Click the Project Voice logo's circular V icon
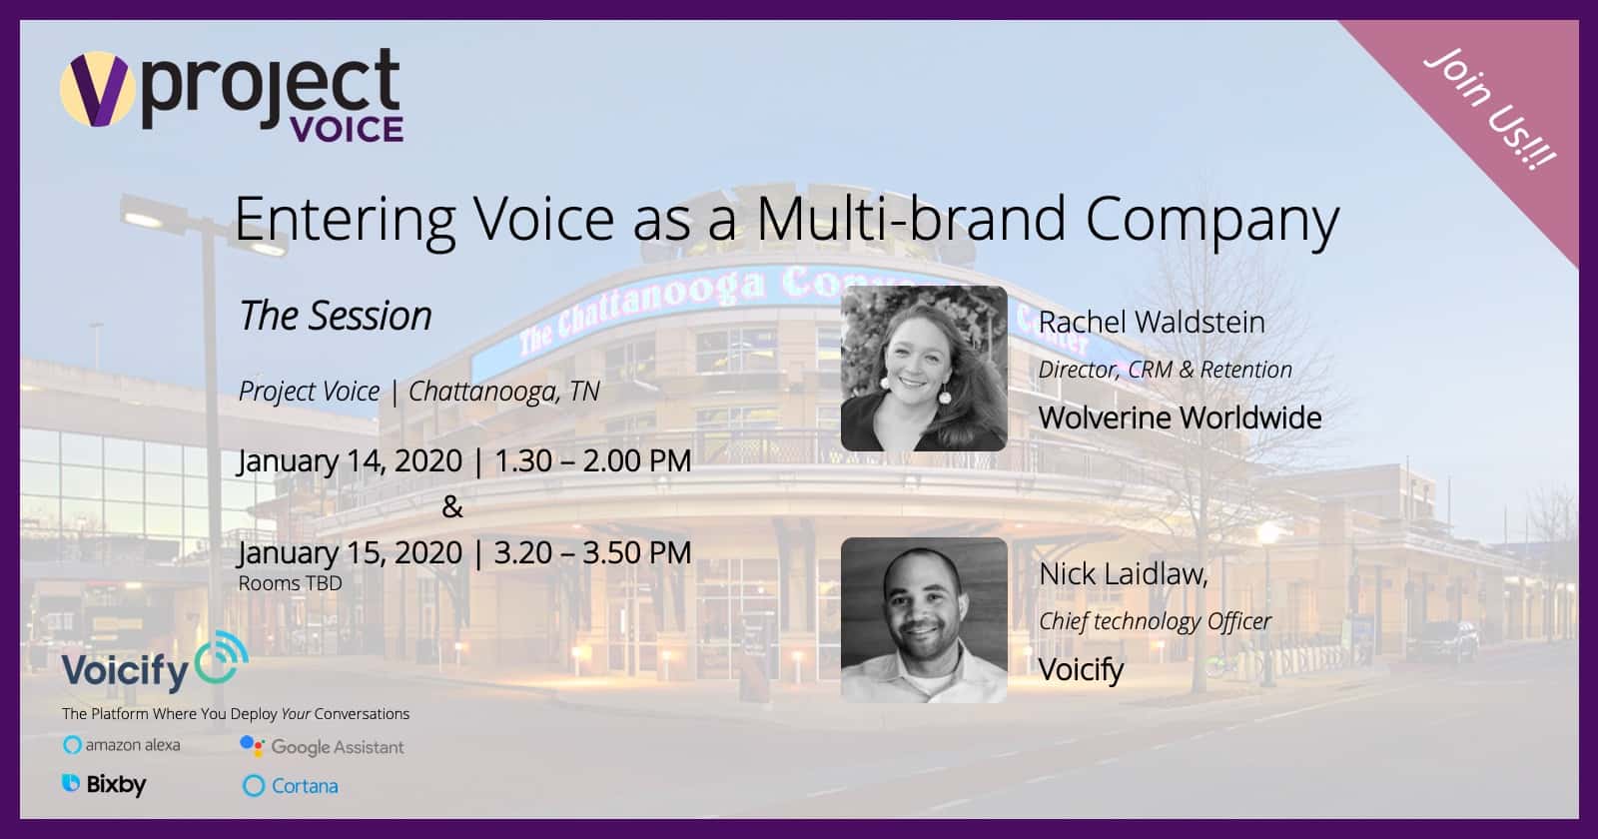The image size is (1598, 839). click(x=96, y=89)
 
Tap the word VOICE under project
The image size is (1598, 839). click(x=347, y=129)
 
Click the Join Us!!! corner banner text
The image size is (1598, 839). click(x=1489, y=109)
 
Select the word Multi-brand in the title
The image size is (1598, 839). click(x=911, y=218)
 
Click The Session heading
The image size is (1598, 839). click(x=336, y=316)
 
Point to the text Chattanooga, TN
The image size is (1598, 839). click(x=503, y=392)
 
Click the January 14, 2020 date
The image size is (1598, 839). click(x=350, y=460)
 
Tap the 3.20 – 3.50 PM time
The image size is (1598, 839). click(x=593, y=553)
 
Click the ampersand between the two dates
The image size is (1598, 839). click(x=452, y=506)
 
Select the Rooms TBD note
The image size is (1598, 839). click(x=291, y=583)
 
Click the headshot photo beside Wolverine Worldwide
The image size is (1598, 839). click(x=924, y=369)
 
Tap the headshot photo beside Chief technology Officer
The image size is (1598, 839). click(x=924, y=620)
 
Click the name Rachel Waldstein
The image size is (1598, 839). click(x=1152, y=322)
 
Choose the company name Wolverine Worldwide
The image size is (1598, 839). click(x=1180, y=418)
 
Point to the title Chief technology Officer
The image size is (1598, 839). click(x=1155, y=621)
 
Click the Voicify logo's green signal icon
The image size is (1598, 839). click(x=221, y=658)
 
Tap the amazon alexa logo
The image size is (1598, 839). click(x=121, y=745)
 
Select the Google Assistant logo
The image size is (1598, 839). click(x=322, y=747)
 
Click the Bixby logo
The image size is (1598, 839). click(x=104, y=785)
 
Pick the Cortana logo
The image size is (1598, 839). click(x=291, y=785)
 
